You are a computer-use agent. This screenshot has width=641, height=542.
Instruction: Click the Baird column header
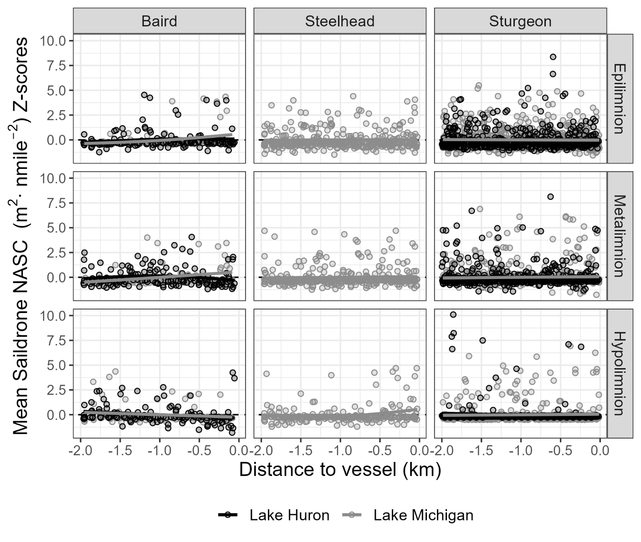(x=159, y=21)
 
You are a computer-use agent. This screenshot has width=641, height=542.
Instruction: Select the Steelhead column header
(x=339, y=21)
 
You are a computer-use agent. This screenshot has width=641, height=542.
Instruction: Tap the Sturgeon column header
(x=520, y=21)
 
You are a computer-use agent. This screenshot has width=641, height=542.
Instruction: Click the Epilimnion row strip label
(x=620, y=98)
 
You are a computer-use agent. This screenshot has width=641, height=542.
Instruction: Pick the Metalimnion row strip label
(x=620, y=236)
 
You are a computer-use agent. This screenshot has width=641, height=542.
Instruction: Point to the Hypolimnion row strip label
(x=620, y=374)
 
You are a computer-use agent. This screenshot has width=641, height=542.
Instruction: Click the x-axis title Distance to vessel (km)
(x=340, y=470)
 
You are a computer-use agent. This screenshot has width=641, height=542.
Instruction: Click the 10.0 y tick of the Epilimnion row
(x=53, y=41)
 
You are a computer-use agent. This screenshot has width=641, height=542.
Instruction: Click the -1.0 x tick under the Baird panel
(x=159, y=451)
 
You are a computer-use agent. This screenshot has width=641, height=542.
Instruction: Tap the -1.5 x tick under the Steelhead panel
(x=301, y=451)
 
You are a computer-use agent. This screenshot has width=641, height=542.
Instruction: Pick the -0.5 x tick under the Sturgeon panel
(x=560, y=451)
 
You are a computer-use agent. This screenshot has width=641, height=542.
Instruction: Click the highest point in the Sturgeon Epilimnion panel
(x=553, y=57)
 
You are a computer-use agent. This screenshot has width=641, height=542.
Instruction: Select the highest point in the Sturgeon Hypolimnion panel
(x=453, y=314)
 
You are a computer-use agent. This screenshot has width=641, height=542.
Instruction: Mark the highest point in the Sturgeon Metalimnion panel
(x=550, y=197)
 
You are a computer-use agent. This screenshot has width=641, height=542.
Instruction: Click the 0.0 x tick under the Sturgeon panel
(x=600, y=451)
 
